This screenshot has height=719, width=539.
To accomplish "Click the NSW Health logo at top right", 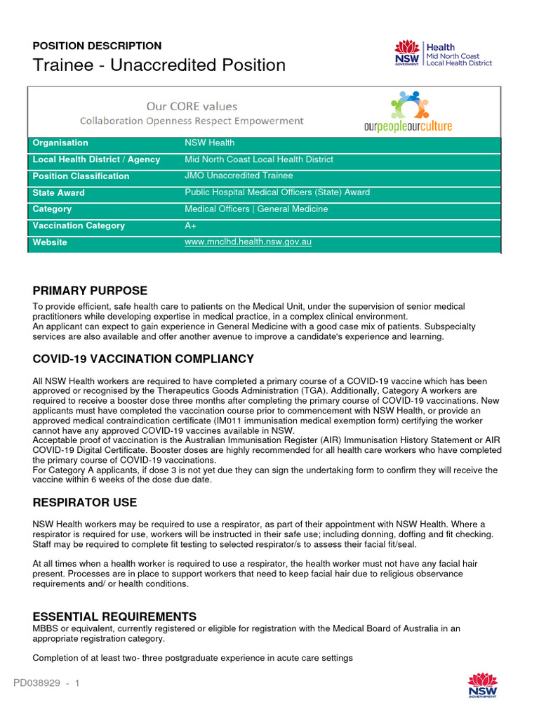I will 443,53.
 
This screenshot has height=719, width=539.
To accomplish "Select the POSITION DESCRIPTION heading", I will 97,46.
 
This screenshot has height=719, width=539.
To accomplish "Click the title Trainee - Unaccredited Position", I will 159,65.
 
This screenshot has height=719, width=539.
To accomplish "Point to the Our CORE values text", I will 192,107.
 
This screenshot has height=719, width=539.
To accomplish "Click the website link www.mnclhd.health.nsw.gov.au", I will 248,242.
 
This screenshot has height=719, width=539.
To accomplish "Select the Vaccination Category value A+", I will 190,226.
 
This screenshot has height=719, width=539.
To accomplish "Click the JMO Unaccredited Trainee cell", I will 239,176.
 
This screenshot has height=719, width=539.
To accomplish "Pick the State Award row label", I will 59,193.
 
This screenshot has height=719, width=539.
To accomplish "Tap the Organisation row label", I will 60,143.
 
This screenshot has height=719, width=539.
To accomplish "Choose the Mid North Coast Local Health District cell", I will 258,160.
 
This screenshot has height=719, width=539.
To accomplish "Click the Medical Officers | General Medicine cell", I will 256,209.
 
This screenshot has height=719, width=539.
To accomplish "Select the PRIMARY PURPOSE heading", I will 90,291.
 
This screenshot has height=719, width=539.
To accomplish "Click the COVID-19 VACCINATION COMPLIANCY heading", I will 143,359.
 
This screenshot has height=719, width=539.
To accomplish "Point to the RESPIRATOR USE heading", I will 85,503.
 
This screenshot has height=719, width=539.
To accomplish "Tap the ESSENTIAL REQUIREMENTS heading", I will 114,617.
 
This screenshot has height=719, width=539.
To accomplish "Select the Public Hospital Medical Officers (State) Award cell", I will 277,192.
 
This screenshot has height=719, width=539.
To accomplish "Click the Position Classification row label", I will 81,176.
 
